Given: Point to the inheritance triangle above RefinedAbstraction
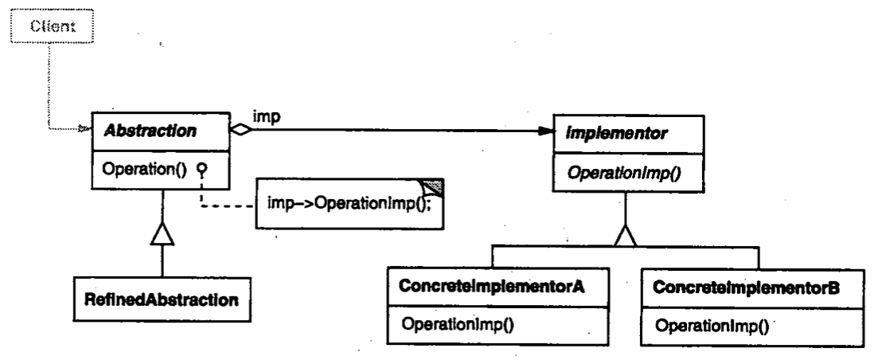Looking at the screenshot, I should pos(162,236).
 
